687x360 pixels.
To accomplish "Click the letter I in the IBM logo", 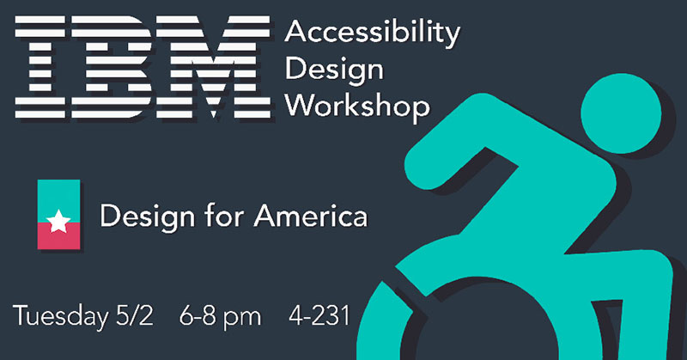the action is (x=40, y=67).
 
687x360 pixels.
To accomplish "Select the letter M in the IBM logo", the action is (x=213, y=67).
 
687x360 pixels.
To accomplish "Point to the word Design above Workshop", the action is (x=334, y=70).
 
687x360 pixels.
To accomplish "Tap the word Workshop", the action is (x=357, y=107).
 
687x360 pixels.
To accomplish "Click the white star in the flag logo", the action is (x=58, y=221).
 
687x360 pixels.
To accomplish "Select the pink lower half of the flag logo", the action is (x=58, y=236).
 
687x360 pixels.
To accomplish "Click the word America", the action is (x=311, y=217).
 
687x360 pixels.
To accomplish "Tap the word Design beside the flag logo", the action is (x=148, y=217).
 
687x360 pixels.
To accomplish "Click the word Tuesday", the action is (x=60, y=316).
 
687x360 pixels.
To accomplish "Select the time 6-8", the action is (x=198, y=315).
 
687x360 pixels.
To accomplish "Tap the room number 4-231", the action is (x=319, y=315).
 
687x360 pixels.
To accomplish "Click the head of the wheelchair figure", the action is (x=621, y=113).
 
